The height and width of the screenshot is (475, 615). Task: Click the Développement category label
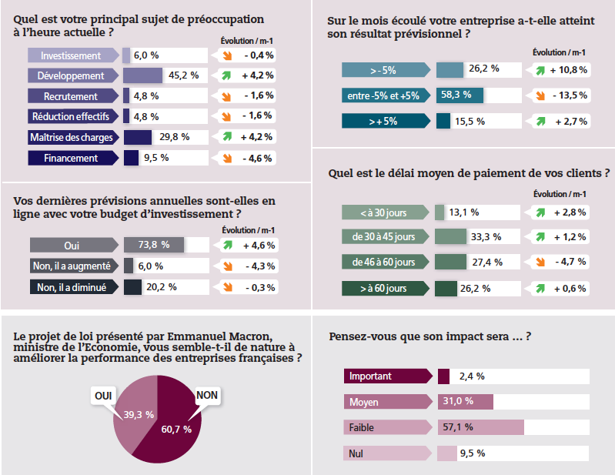click(x=72, y=75)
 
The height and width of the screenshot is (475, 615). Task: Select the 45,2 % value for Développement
click(x=184, y=75)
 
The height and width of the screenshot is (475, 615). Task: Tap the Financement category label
click(x=72, y=158)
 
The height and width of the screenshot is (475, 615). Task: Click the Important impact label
click(x=370, y=376)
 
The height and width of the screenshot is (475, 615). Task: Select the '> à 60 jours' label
click(x=383, y=289)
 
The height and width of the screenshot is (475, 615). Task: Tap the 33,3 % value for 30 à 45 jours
click(x=486, y=236)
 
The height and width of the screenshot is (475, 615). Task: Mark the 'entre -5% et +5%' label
click(x=383, y=95)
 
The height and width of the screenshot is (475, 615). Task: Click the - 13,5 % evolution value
click(x=570, y=95)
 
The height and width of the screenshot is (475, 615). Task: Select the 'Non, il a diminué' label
click(x=73, y=287)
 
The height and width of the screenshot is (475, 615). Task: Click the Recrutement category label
click(x=71, y=96)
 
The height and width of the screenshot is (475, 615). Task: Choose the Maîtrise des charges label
click(x=72, y=137)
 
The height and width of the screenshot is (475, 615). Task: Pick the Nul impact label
click(x=356, y=453)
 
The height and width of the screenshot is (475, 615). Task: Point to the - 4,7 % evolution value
click(x=570, y=262)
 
